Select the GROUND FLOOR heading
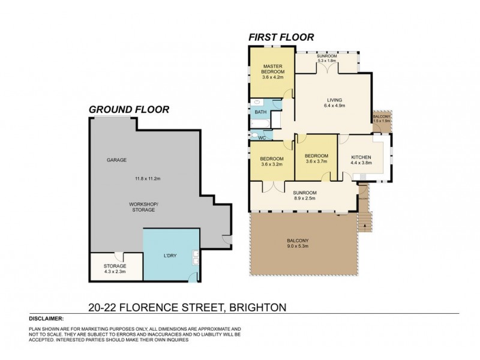coord(128,109)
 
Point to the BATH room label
coord(260,112)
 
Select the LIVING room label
coord(334,100)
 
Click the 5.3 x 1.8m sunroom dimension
coord(327,61)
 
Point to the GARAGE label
coord(116,160)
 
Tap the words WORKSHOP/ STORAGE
coord(142,207)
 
